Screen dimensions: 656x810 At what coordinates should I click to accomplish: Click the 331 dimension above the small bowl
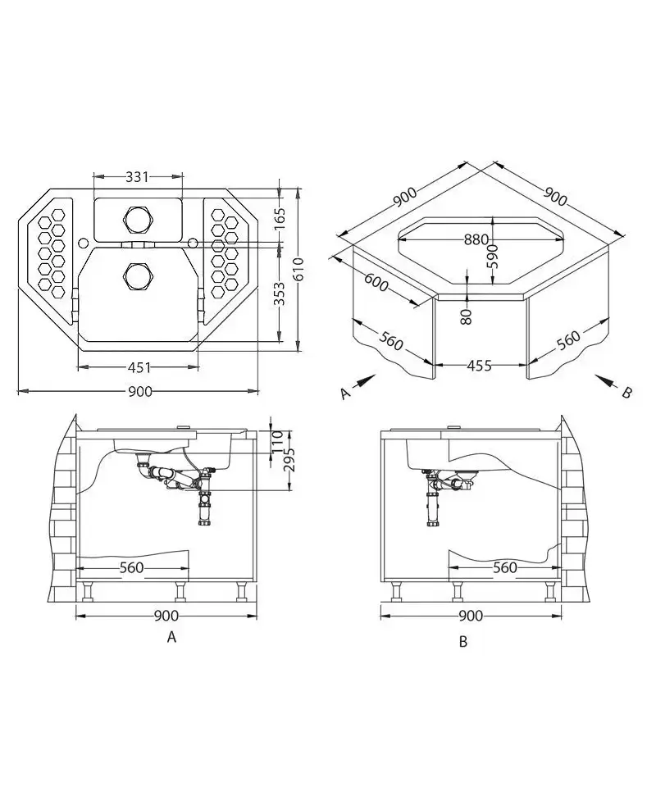coord(138,177)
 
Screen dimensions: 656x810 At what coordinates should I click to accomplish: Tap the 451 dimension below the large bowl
coord(139,367)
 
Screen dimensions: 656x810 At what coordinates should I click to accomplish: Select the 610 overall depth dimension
coord(298,270)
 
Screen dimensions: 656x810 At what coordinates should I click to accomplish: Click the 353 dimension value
coord(279,294)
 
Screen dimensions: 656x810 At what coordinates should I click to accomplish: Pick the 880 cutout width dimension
coord(476,239)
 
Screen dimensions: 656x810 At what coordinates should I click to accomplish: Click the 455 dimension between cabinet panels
coord(479,366)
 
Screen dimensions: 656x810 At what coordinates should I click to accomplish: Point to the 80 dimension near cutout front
coord(467,316)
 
